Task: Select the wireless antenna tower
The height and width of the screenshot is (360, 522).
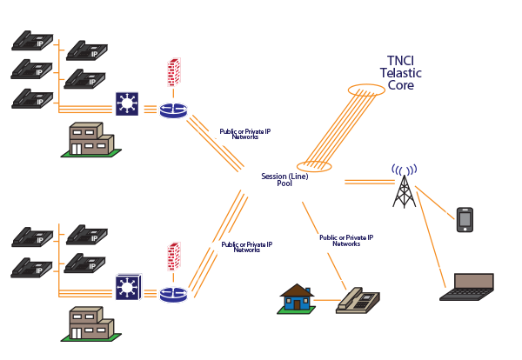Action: point(403,185)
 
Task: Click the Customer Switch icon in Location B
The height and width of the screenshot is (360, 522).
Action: point(130,288)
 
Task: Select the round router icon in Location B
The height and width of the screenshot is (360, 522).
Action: point(171,293)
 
